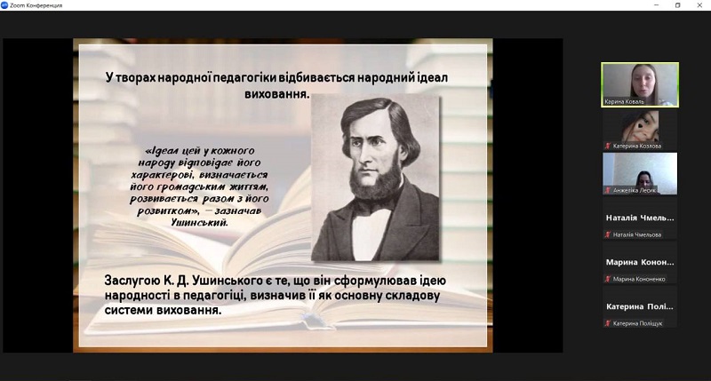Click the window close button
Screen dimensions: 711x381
(699, 5)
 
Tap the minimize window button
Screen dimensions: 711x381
(656, 5)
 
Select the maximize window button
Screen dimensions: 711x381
(678, 5)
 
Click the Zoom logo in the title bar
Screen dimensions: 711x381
(4, 5)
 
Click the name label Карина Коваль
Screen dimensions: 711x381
(624, 102)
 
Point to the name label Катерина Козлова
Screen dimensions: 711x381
(637, 146)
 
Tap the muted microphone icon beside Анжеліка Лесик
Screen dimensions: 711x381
(608, 190)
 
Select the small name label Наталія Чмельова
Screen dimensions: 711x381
(637, 234)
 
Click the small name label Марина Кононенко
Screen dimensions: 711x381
(639, 279)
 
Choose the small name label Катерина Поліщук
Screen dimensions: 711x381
(637, 323)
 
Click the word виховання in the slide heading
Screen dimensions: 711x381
(276, 94)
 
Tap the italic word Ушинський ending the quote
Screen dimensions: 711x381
(199, 222)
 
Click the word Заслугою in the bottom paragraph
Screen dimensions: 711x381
(132, 281)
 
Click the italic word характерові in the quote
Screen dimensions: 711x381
(159, 175)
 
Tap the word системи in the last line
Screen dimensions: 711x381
(129, 311)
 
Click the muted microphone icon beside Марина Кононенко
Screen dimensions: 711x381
(608, 279)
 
